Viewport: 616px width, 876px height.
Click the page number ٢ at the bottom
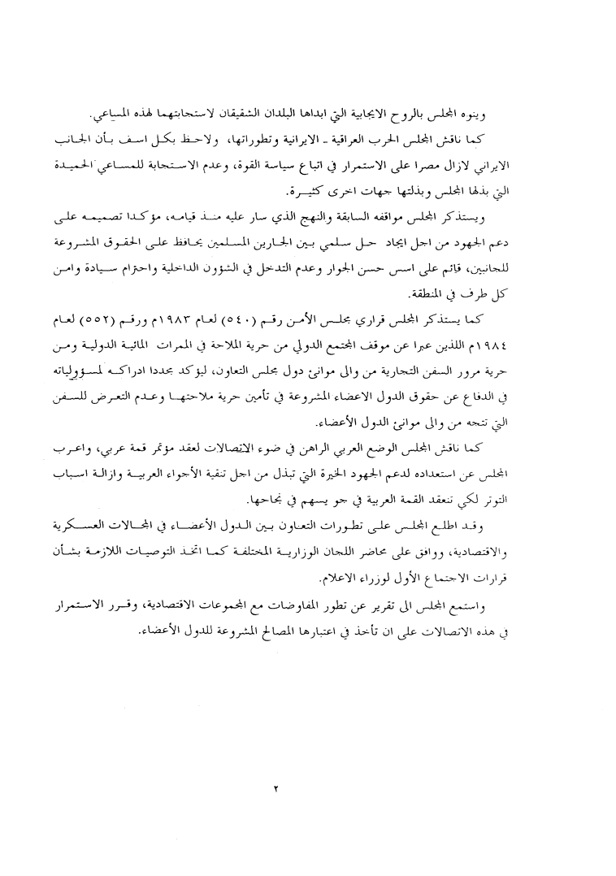(276, 788)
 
